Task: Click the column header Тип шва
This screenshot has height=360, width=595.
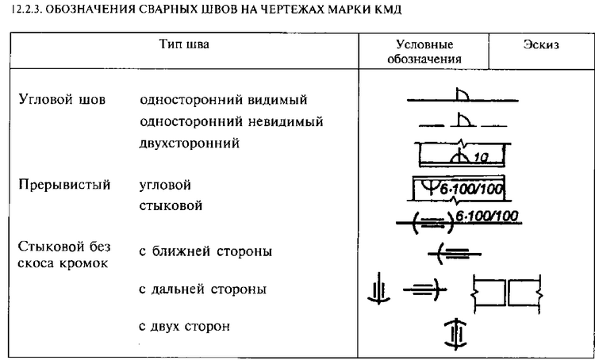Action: [184, 44]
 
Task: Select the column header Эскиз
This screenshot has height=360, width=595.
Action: [542, 44]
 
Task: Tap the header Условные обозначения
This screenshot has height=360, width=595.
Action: [424, 52]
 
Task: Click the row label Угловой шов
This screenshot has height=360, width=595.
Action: [62, 100]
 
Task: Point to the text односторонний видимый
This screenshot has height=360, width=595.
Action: [224, 100]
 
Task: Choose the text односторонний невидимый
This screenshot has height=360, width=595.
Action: [232, 122]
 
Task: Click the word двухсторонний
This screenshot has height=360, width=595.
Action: [190, 144]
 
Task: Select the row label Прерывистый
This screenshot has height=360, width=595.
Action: [64, 185]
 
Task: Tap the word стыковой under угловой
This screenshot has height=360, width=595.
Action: [171, 206]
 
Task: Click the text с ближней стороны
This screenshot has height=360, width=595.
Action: [205, 251]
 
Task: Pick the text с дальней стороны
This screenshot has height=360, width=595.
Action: [202, 289]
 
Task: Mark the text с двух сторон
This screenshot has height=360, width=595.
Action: [184, 326]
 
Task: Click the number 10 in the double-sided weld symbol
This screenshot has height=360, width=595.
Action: [482, 158]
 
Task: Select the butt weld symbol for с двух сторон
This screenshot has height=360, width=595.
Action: [455, 334]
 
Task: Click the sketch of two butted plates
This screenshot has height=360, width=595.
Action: [507, 293]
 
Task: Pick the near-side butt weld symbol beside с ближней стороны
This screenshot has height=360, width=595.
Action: [455, 254]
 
